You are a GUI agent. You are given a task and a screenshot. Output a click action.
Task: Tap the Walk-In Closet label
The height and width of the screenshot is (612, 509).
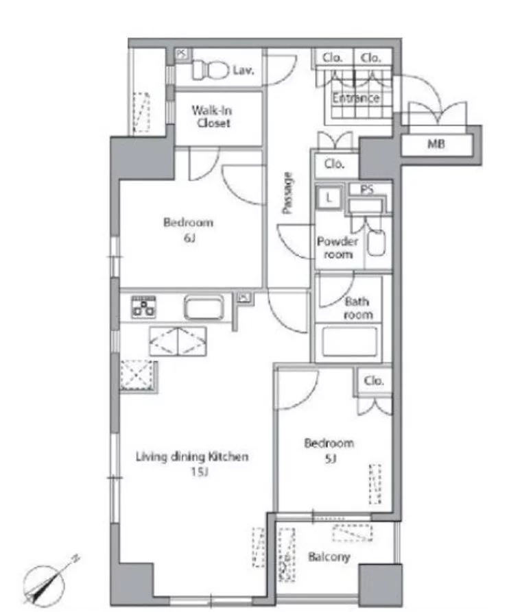pos(212,117)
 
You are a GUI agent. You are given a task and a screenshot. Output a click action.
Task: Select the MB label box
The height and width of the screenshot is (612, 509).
pos(436,144)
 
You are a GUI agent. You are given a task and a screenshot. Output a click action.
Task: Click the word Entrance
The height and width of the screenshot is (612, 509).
pos(356,97)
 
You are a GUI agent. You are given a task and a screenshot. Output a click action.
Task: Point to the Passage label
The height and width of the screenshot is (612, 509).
pos(287,193)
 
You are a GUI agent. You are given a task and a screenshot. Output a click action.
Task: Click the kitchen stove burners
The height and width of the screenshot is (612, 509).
pos(143,306)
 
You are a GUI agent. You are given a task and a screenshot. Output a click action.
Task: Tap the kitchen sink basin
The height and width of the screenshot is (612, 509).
pos(204,308)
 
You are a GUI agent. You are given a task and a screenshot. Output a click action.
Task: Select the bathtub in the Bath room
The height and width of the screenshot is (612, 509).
pos(350,341)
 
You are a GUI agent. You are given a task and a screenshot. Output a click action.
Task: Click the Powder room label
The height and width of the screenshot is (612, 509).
pos(338,248)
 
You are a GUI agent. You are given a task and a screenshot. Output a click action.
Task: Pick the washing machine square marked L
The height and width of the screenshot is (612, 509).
pos(329,197)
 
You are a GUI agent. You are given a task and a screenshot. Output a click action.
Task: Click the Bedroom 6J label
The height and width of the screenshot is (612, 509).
pos(188,230)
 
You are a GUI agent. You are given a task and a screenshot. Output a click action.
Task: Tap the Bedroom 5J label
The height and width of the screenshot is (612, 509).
pos(329,451)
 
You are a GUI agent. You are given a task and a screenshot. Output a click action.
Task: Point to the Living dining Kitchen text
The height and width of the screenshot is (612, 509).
pos(192,456)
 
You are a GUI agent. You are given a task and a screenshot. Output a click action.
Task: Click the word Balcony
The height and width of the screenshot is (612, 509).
pos(329,557)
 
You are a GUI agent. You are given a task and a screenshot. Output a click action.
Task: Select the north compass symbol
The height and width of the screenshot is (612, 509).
pos(49,580)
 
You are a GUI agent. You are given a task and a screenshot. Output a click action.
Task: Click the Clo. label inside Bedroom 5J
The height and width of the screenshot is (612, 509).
pos(373,380)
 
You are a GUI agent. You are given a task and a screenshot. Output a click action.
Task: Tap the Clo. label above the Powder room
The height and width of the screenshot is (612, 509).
pos(334,164)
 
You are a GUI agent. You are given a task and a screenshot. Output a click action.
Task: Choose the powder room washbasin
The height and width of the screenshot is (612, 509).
pos(376,243)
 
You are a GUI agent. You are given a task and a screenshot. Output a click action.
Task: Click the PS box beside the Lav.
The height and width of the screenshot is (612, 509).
pos(181,53)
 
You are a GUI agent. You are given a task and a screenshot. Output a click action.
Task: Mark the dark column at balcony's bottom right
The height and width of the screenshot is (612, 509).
pos(380,585)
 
